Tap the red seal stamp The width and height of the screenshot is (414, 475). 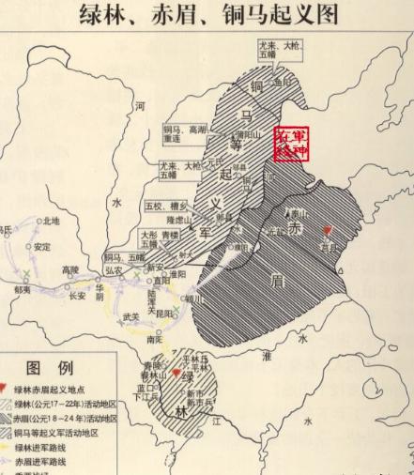pyautogui.click(x=291, y=144)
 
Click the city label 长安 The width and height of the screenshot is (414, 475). pyautogui.click(x=77, y=296)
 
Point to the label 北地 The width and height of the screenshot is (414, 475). pyautogui.click(x=48, y=222)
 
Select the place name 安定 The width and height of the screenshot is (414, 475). pyautogui.click(x=41, y=247)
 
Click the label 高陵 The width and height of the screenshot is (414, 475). pyautogui.click(x=71, y=270)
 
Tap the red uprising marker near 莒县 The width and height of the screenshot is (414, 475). pyautogui.click(x=327, y=230)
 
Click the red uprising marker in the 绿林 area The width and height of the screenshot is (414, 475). pyautogui.click(x=176, y=372)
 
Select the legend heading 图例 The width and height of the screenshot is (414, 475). pyautogui.click(x=45, y=367)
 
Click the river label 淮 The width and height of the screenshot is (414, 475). pyautogui.click(x=267, y=357)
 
